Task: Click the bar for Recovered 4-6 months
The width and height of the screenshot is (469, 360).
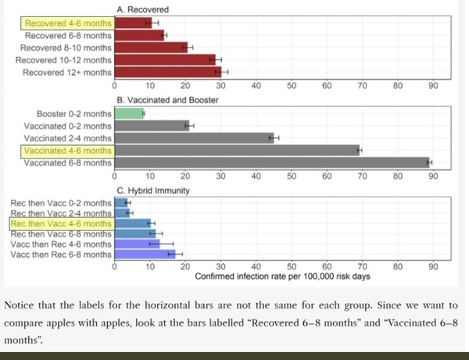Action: coord(133,23)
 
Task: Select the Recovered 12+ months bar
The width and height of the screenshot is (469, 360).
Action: coord(167,72)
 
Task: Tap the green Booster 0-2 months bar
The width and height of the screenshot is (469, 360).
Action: coord(130,113)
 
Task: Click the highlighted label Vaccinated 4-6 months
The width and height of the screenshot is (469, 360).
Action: coord(68,151)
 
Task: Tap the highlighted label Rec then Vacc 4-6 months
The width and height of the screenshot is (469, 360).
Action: coord(62,223)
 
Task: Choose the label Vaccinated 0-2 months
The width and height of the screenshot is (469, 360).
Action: coord(69,126)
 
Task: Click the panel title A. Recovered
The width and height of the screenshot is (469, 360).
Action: coord(141,9)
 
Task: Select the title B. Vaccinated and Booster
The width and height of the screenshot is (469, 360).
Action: coord(166,100)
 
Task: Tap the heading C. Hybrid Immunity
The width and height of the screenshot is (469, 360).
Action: coord(153,190)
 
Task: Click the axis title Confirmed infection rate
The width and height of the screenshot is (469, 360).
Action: coord(282,276)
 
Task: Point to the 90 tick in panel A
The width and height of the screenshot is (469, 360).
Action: coord(433,86)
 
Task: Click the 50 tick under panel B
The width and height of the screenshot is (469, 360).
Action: coord(292,176)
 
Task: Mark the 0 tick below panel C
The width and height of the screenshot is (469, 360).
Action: coord(116,266)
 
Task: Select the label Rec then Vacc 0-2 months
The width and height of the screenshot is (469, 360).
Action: coord(62,203)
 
